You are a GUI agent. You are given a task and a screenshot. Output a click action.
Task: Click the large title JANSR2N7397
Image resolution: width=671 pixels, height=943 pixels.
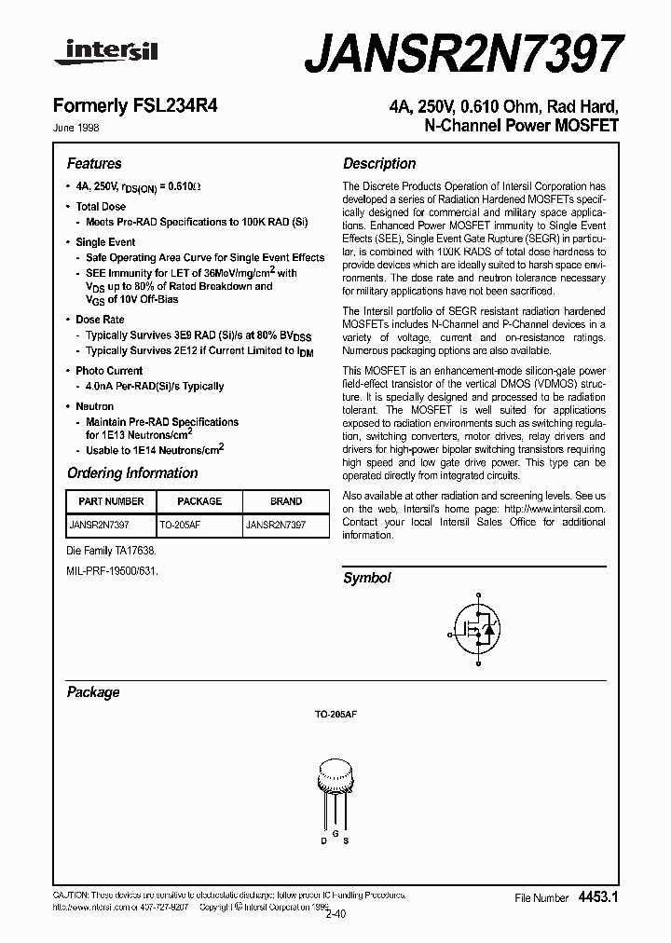[462, 53]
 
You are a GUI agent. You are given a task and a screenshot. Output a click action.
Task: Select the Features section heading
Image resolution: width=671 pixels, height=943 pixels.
[94, 163]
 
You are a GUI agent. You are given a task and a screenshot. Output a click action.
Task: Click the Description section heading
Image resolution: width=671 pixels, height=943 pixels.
[379, 163]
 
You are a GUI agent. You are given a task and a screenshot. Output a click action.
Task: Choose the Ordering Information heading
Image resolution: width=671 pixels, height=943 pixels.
[132, 473]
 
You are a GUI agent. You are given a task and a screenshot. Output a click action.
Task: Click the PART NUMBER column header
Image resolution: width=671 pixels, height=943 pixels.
[106, 501]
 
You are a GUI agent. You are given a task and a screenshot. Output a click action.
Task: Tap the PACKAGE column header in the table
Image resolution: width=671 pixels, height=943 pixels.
[199, 501]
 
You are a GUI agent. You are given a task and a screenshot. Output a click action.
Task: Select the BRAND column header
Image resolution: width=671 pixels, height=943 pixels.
[286, 501]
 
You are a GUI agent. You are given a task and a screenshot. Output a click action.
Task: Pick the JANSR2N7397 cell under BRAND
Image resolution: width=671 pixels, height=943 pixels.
[275, 525]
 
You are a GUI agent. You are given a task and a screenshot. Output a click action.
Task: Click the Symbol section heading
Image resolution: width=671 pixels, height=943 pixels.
[367, 578]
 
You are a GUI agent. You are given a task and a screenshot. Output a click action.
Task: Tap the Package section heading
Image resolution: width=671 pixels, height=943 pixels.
[93, 692]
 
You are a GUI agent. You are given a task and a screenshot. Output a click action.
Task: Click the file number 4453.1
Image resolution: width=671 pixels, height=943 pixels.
[598, 896]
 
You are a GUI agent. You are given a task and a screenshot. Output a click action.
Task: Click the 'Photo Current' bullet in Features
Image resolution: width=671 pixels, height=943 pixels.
[109, 371]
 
